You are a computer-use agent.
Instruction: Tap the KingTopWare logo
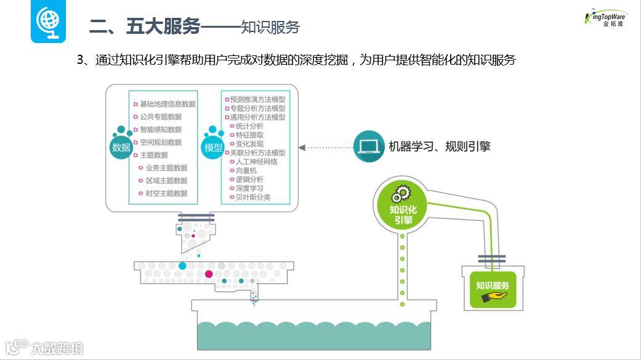(x=607, y=17)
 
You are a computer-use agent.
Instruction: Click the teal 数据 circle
(x=121, y=146)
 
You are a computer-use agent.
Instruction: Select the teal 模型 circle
(x=212, y=147)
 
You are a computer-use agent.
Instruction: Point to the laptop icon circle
(x=369, y=146)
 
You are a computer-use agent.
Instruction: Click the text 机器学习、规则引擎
(x=439, y=146)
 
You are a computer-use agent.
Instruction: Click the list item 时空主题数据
(x=166, y=193)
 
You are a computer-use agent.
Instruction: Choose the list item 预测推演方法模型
(x=257, y=99)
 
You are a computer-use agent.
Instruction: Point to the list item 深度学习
(x=249, y=188)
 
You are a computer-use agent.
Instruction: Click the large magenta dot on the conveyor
(x=209, y=274)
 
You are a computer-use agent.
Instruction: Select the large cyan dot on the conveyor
(x=182, y=266)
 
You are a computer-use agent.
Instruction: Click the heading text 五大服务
(x=163, y=26)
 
